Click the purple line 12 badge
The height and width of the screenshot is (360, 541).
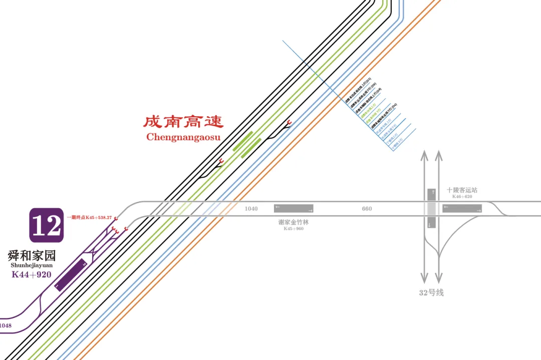(46, 225)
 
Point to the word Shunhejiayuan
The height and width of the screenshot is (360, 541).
(32, 265)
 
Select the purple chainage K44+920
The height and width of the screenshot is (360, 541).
(32, 274)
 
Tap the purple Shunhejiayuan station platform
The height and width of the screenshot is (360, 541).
(70, 274)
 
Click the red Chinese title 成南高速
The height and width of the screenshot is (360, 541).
(183, 122)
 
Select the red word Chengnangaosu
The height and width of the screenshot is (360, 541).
(183, 137)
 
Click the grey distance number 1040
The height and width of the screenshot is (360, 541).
(251, 209)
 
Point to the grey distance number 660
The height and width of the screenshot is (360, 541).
(367, 209)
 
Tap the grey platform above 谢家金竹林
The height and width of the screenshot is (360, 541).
(294, 208)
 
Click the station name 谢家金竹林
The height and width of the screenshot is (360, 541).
(294, 222)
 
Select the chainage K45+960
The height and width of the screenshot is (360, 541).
(294, 229)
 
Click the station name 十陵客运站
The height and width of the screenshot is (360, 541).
(462, 190)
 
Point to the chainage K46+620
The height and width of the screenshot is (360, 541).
(462, 197)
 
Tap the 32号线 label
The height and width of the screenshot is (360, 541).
(431, 293)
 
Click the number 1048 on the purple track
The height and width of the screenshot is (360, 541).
(6, 326)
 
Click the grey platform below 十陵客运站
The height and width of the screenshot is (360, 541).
(462, 208)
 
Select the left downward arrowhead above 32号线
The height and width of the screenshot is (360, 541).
(424, 278)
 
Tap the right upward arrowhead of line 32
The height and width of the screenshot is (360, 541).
(439, 155)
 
